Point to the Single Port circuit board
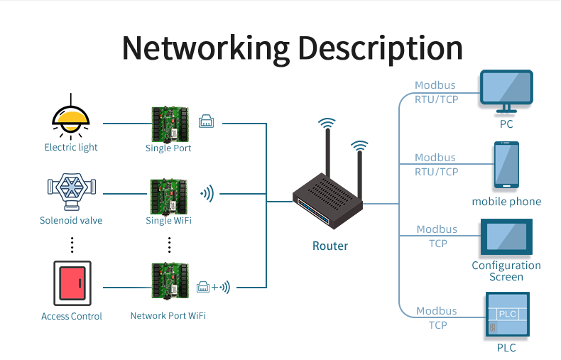pos(169,124)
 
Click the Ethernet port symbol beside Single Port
pos(207,121)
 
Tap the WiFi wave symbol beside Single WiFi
pos(207,193)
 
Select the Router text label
pos(330,246)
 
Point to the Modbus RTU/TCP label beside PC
pos(436,92)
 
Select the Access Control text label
pos(72,316)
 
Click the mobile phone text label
pos(506,202)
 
